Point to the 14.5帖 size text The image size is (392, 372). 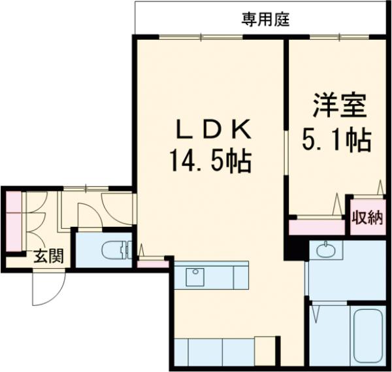211,161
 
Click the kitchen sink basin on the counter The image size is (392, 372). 195,277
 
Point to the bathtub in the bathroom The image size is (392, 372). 367,338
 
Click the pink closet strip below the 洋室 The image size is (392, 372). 317,227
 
